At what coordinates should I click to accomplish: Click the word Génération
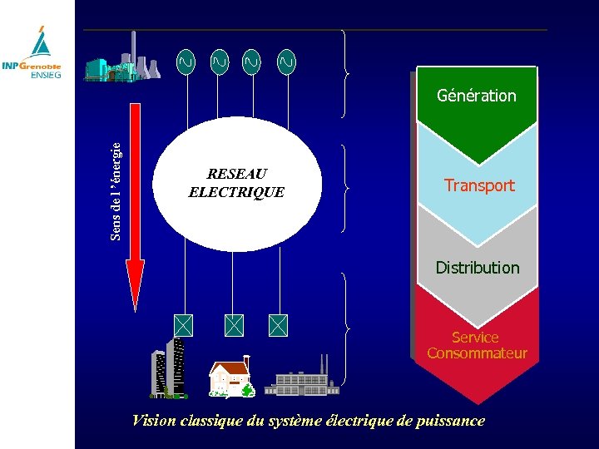pos(476,96)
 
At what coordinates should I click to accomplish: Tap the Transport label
pos(479,185)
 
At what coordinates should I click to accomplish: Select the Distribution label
pos(477,268)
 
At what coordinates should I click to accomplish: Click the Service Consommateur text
pos(477,345)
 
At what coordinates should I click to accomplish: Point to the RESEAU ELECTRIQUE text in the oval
pos(236,183)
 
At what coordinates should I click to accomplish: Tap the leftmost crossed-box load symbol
pos(184,325)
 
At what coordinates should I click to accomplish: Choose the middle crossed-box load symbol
pos(235,325)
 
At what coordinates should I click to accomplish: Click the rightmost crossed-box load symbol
pos(278,325)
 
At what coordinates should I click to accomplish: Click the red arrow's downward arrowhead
pos(135,283)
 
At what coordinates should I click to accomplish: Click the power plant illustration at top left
pos(122,60)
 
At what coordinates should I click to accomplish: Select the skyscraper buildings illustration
pos(170,367)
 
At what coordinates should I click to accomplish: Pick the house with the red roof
pos(230,378)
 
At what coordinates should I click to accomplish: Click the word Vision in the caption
pos(154,421)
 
